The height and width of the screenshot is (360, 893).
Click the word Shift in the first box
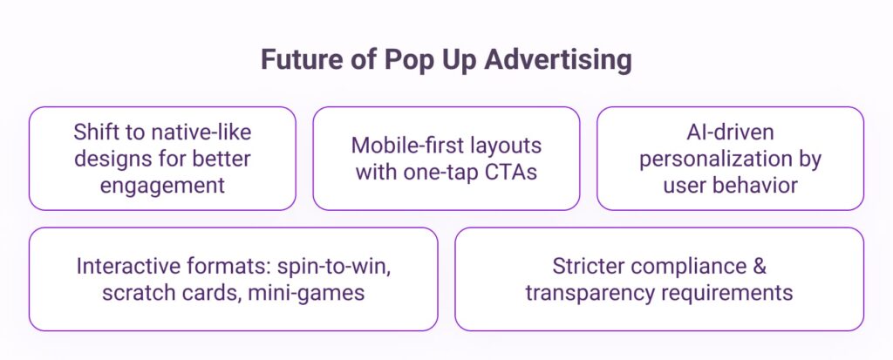coord(91,132)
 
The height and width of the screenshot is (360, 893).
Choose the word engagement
coord(162,186)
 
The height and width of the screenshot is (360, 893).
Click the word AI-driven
coord(730,132)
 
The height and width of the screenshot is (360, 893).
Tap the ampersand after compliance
coord(760,267)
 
